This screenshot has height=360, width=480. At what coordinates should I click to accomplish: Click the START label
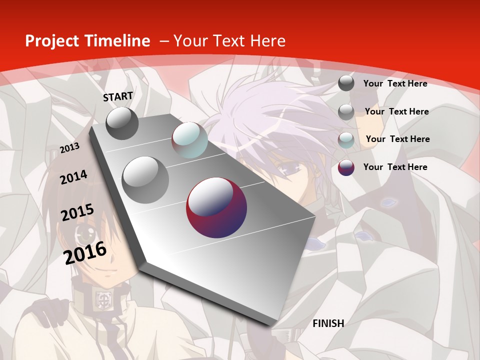[x=118, y=96]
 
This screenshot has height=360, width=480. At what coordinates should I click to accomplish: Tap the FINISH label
[x=328, y=323]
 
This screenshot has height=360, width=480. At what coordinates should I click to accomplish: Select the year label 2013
[x=69, y=147]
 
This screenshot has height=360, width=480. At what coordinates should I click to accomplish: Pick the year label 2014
[x=73, y=177]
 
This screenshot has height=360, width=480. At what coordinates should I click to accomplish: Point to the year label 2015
[x=77, y=212]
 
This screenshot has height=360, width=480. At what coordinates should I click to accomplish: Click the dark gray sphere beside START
[x=122, y=123]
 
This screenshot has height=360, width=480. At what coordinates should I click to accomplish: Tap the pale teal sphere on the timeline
[x=189, y=140]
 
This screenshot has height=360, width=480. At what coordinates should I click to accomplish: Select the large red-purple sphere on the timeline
[x=216, y=207]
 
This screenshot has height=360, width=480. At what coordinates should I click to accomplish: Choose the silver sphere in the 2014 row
[x=145, y=179]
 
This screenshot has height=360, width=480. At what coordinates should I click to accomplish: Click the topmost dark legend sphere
[x=346, y=83]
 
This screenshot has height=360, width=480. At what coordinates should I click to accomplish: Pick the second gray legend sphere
[x=346, y=112]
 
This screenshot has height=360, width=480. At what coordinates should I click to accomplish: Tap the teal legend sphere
[x=346, y=140]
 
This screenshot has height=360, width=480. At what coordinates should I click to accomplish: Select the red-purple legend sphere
[x=346, y=167]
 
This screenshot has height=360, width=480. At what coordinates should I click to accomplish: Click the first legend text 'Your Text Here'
[x=395, y=83]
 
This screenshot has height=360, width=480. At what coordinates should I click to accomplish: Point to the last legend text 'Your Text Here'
[x=395, y=167]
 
